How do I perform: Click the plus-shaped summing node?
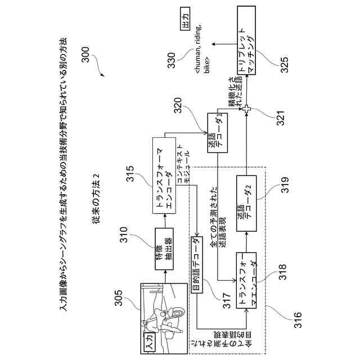point(245,110)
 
